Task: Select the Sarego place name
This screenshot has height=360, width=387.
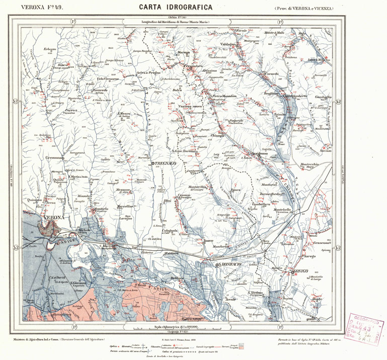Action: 308,256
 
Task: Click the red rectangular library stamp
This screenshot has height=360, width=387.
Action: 367,329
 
